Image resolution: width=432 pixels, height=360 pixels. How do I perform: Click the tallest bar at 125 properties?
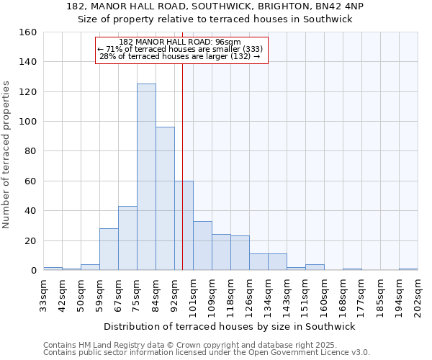coord(146,177)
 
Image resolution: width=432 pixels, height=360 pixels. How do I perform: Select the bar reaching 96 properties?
coord(165,199)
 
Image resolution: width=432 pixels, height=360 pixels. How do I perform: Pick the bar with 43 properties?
coord(127,238)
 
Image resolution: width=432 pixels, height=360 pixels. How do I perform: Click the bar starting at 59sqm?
coord(109,249)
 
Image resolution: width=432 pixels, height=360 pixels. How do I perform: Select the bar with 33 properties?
coord(202,246)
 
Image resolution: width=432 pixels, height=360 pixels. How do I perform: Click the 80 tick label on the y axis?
coord(30,151)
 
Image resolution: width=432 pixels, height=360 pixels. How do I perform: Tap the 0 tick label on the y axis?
coord(33,271)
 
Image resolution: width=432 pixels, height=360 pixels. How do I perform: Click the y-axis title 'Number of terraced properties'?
coord(6,155)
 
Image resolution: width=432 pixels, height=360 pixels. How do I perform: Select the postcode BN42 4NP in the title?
coord(341,6)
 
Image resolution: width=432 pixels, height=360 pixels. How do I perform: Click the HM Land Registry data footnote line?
coord(190,345)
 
